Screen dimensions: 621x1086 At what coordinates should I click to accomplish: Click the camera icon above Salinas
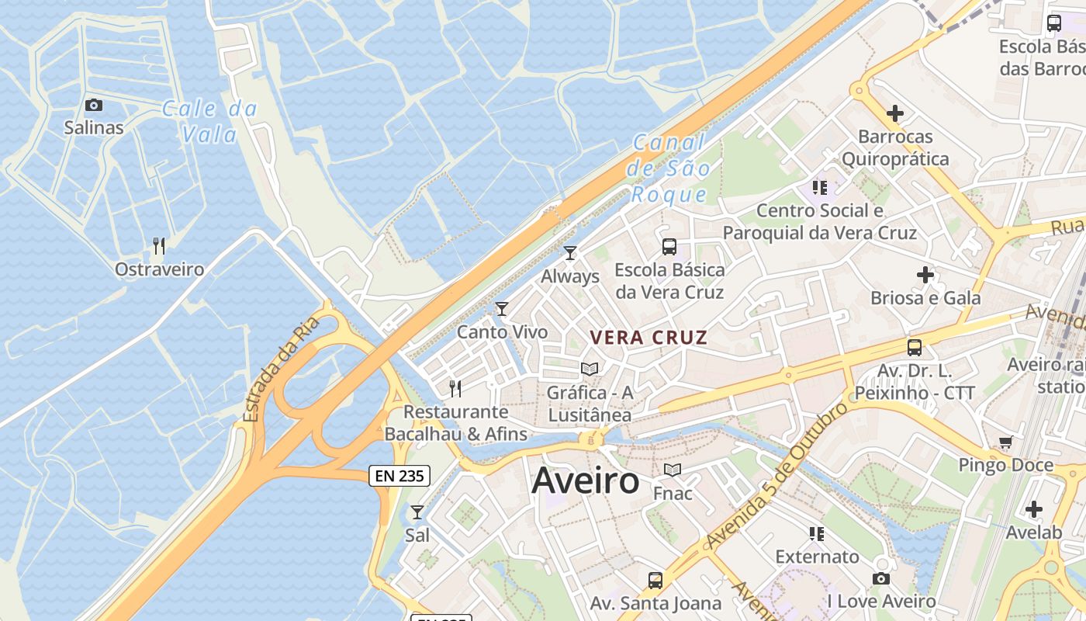coord(94,105)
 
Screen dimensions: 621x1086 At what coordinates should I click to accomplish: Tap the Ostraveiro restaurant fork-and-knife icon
coord(159,246)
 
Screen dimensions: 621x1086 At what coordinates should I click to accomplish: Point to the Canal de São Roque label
coord(669,168)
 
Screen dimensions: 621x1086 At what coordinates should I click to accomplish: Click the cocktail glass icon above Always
coord(570,252)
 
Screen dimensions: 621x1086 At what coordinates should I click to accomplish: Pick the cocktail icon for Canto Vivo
coord(502,309)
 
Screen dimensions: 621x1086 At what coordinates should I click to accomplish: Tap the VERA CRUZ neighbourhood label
coord(648,338)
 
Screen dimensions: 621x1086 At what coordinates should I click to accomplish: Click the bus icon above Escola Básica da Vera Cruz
coord(669,247)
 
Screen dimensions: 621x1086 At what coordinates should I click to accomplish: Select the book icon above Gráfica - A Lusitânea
coord(590,369)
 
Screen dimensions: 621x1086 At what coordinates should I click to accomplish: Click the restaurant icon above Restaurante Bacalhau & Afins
coord(455,388)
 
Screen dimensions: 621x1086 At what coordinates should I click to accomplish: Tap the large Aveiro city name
coord(586,481)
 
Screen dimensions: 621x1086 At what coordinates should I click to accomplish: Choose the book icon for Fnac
coord(673,470)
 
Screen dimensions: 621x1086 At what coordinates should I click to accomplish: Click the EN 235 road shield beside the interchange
coord(399,476)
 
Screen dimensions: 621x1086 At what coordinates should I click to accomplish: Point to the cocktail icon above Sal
coord(417,512)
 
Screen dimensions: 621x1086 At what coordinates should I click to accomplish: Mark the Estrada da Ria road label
coord(281,369)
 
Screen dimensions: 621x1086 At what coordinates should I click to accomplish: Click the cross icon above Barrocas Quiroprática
coord(895,113)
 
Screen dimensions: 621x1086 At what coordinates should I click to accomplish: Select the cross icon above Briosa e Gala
coord(925,275)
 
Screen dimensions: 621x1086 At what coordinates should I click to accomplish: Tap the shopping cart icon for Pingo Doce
coord(1006,442)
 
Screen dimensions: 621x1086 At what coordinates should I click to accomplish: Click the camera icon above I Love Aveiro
coord(881,578)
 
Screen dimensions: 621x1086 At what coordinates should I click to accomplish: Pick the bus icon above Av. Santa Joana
coord(655,580)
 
